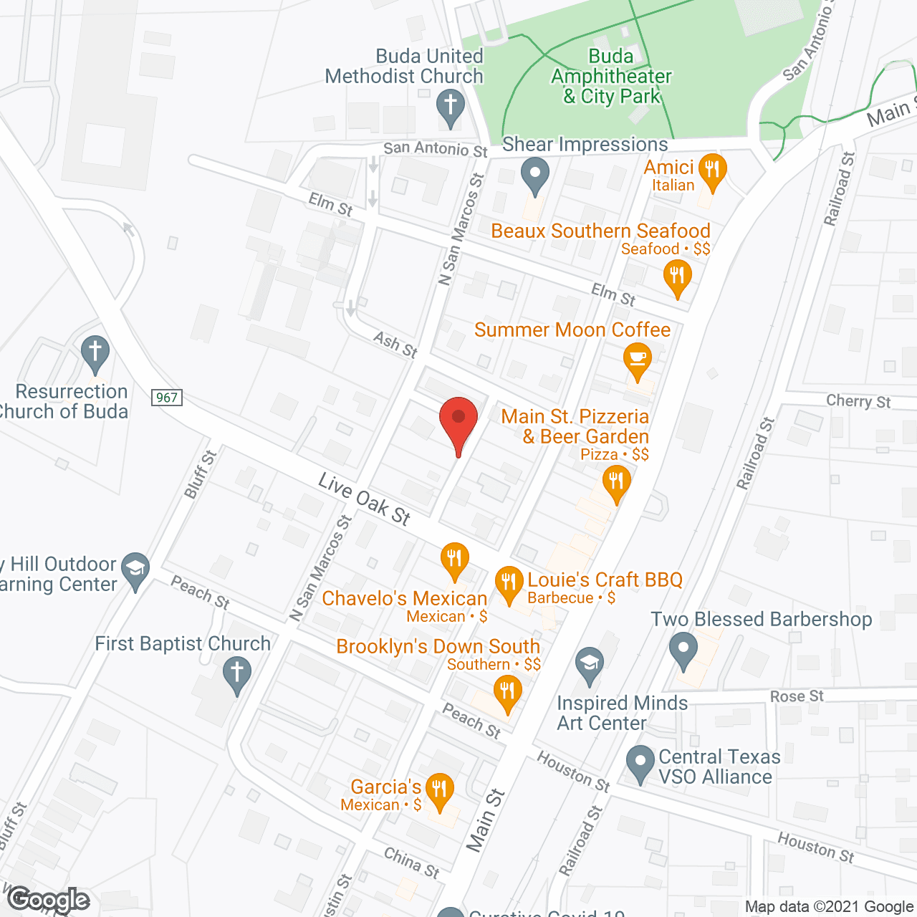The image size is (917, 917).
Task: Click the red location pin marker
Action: [x=458, y=420]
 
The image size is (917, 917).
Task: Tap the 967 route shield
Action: [x=167, y=398]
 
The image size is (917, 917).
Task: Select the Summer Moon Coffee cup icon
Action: [x=637, y=359]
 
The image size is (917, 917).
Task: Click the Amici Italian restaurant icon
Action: [x=711, y=171]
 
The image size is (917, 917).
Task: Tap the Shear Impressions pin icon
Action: [x=534, y=175]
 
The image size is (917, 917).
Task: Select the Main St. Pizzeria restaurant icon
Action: [x=616, y=481]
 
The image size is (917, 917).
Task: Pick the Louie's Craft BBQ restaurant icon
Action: [x=509, y=582]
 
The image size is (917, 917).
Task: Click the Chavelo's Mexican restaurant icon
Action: [x=454, y=558]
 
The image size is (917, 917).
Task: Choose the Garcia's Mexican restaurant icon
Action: [x=439, y=790]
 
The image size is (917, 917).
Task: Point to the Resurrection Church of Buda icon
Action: [x=95, y=352]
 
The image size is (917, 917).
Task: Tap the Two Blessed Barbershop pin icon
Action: [x=683, y=649]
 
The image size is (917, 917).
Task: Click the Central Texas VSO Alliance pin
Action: [x=640, y=762]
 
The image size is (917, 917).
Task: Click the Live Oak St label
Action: [x=365, y=499]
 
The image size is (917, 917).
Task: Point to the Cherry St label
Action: [x=858, y=401]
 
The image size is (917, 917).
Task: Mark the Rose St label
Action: [x=797, y=696]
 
